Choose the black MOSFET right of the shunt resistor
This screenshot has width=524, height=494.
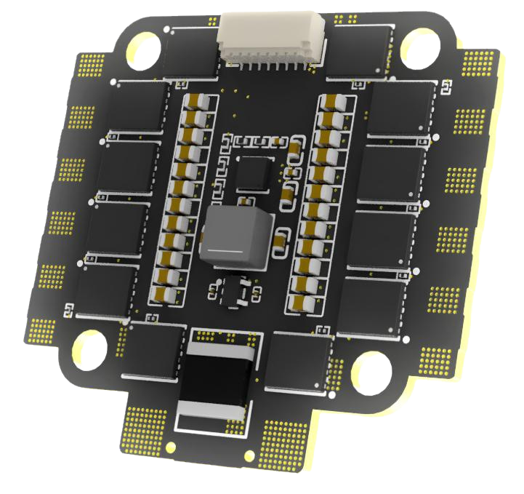[298, 361]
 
